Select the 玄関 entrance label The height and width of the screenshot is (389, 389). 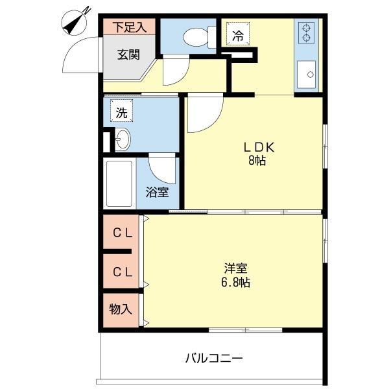pyautogui.click(x=128, y=54)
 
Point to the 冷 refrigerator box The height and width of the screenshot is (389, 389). pyautogui.click(x=238, y=36)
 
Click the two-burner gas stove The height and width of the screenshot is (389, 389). pyautogui.click(x=306, y=33)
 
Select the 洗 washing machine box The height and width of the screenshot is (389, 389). pyautogui.click(x=121, y=112)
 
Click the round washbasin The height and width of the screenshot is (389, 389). pyautogui.click(x=123, y=139)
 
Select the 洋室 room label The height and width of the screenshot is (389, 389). pyautogui.click(x=235, y=268)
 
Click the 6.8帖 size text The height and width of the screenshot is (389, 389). pyautogui.click(x=235, y=283)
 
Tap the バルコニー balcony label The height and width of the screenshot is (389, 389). pyautogui.click(x=213, y=358)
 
